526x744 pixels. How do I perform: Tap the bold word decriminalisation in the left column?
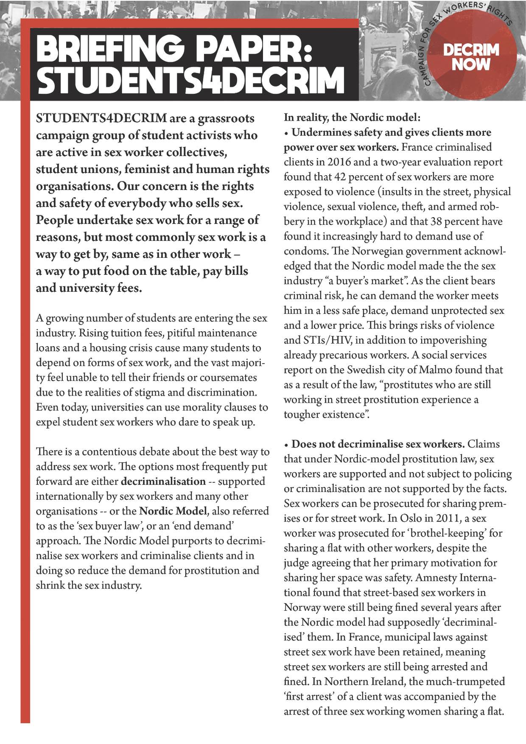pos(163,481)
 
